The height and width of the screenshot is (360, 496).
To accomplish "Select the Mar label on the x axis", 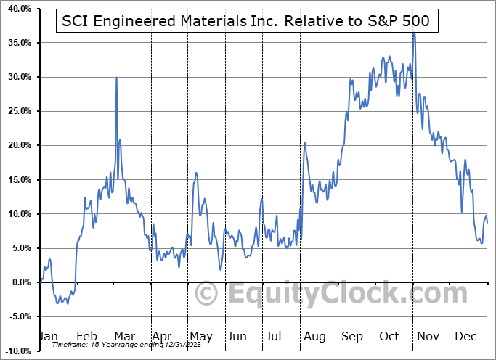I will pyautogui.click(x=124, y=337).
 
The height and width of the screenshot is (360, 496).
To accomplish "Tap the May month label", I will pyautogui.click(x=200, y=337).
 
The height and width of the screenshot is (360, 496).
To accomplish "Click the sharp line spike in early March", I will pyautogui.click(x=116, y=78).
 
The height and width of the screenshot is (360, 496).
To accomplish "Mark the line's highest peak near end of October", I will pyautogui.click(x=414, y=33).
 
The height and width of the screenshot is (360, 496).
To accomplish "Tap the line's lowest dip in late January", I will pyautogui.click(x=68, y=303).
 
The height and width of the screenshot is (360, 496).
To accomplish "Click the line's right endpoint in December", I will pyautogui.click(x=487, y=222).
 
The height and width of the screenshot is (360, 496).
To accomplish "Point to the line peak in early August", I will pyautogui.click(x=305, y=143).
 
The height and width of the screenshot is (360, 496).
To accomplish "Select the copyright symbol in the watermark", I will pyautogui.click(x=207, y=294).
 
